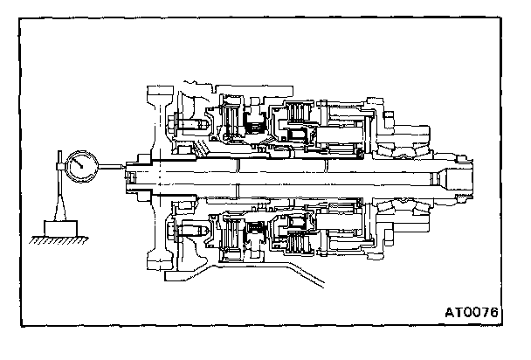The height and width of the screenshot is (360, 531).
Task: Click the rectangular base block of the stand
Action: [57, 234]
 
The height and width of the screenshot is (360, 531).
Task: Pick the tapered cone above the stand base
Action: [58, 215]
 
